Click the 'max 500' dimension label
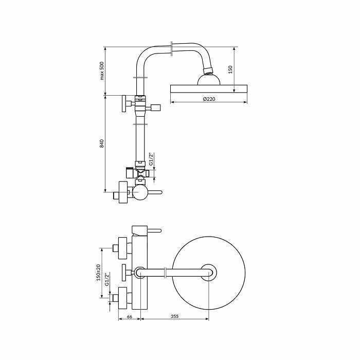102,71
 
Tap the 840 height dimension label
102,143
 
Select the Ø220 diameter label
209,99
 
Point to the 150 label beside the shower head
230,69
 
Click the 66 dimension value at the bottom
130,317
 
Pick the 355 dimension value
174,316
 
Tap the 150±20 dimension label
98,273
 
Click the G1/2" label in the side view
151,159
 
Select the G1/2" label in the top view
107,279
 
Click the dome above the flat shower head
209,80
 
